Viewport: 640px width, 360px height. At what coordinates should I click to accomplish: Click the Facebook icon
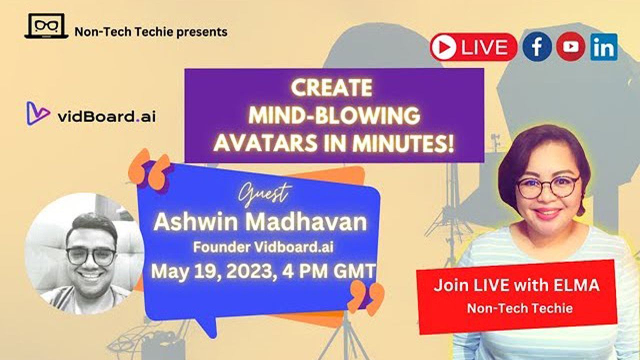click(537, 46)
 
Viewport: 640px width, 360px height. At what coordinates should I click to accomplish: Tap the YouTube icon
click(570, 46)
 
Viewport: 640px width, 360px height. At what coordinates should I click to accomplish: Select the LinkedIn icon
click(603, 47)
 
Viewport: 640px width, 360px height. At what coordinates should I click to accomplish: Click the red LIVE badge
click(473, 47)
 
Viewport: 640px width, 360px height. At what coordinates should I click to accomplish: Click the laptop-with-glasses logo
click(46, 26)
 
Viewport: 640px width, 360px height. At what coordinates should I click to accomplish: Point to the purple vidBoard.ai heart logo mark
click(38, 113)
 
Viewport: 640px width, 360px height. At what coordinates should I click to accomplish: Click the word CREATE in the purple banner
click(331, 87)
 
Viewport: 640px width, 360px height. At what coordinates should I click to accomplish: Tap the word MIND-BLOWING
click(334, 115)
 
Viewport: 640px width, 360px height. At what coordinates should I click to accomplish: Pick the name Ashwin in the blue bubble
click(195, 222)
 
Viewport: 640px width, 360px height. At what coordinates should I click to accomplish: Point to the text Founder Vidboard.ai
click(263, 247)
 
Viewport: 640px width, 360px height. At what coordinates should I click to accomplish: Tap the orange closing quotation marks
click(365, 297)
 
